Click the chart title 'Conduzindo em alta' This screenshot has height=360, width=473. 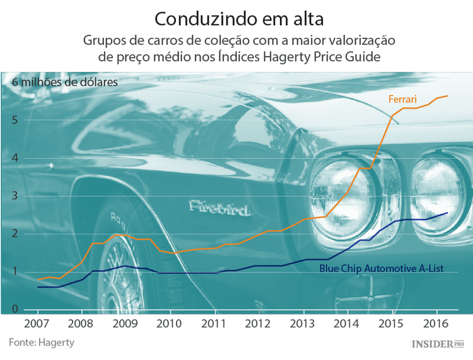point(236,16)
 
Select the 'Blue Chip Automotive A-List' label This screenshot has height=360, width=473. point(381,268)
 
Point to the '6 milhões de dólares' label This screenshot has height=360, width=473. point(64,82)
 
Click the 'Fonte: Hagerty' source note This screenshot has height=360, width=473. point(42,342)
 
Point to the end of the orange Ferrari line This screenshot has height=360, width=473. point(447,96)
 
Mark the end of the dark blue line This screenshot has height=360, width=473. point(447,213)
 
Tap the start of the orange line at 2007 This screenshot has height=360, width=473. point(37,279)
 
